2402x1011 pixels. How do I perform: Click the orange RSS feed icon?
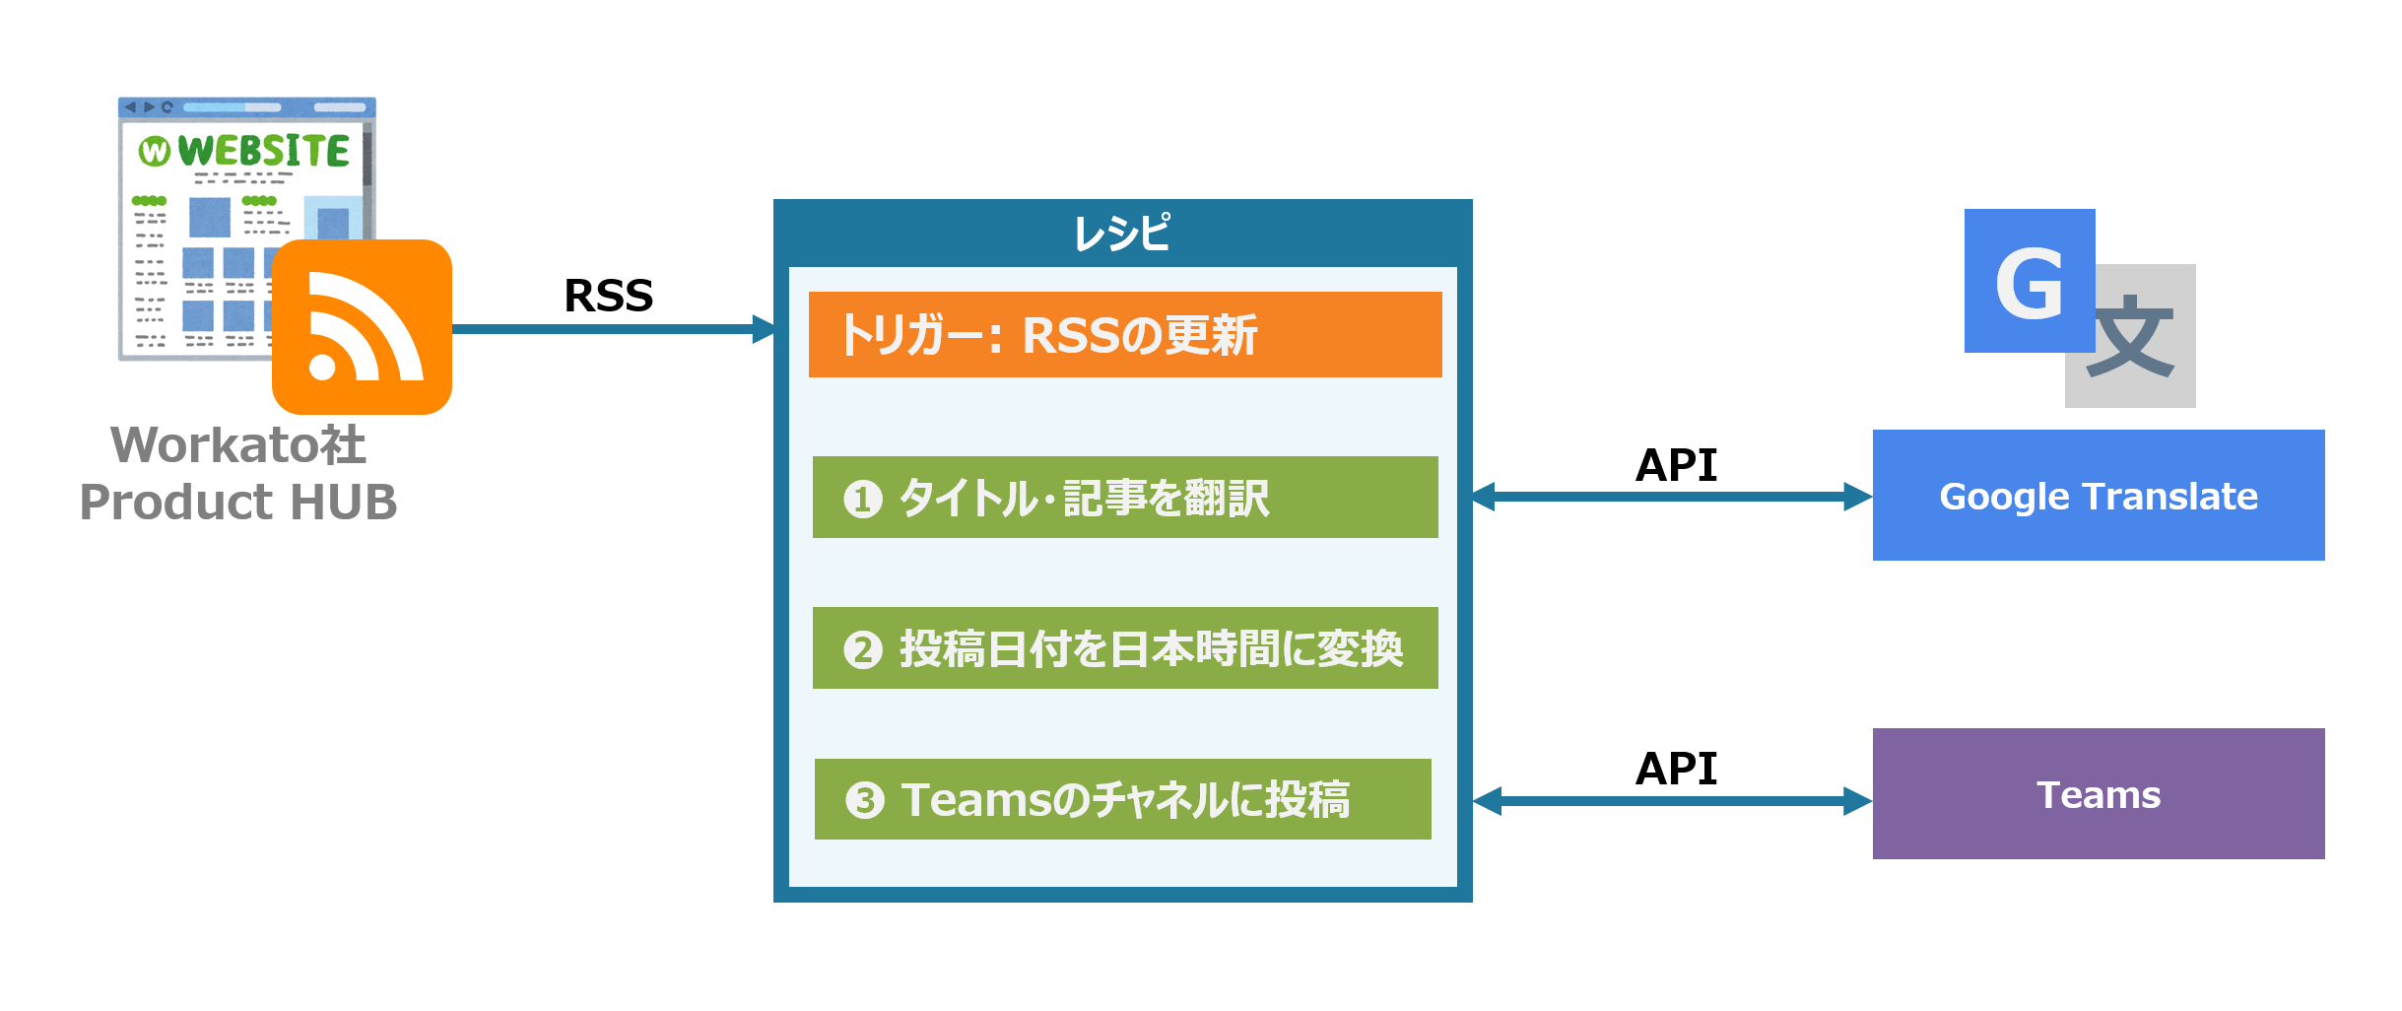[x=362, y=326]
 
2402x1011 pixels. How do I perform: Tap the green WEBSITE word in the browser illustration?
[x=263, y=151]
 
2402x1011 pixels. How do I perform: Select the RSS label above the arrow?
[x=608, y=296]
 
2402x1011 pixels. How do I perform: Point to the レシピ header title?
[x=1122, y=234]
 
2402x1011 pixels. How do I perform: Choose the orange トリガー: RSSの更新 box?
[x=1124, y=335]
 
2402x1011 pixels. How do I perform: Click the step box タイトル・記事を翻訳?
[x=1124, y=498]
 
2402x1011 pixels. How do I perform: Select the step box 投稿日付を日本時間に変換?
[x=1124, y=648]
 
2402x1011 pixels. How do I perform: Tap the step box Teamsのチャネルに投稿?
[x=1122, y=799]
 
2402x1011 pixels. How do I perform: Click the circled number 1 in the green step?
[x=862, y=499]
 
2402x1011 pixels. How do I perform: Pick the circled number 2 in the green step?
[x=862, y=649]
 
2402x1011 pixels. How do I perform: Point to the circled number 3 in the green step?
[x=864, y=800]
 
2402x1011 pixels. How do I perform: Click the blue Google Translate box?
[x=2098, y=496]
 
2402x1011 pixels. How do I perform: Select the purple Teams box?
[x=2098, y=794]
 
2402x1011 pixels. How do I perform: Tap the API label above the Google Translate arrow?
[x=1676, y=465]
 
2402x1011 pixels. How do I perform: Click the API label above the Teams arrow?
[x=1676, y=769]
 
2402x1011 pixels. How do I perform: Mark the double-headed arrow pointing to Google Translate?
[x=1672, y=497]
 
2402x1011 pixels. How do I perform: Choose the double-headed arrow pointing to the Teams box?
[x=1672, y=801]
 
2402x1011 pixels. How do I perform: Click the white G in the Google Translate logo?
[x=2029, y=283]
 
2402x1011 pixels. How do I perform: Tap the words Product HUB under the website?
[x=238, y=502]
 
